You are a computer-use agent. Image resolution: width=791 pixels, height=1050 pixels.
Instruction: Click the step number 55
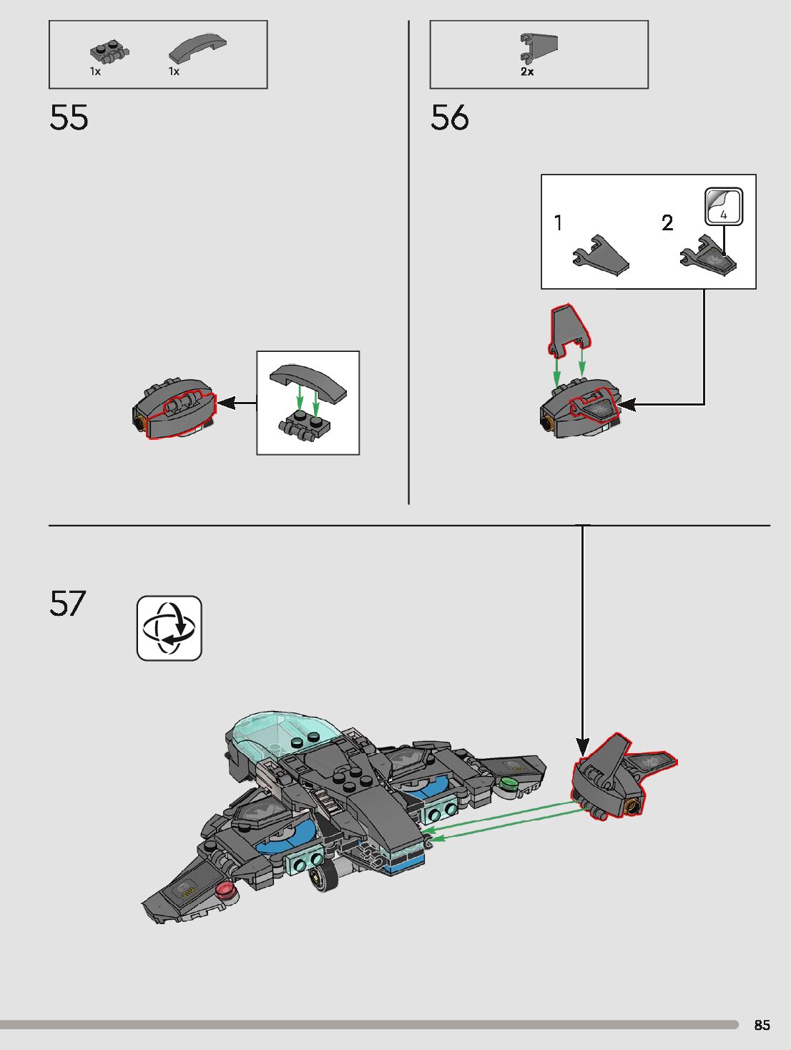click(x=69, y=118)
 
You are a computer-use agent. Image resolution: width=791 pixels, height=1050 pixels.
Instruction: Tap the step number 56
click(x=449, y=118)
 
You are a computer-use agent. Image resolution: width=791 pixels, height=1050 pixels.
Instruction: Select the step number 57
click(x=67, y=604)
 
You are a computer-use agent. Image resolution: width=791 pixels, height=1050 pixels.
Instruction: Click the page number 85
click(x=762, y=1025)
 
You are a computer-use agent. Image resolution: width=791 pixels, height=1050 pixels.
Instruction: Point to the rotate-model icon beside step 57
click(x=169, y=628)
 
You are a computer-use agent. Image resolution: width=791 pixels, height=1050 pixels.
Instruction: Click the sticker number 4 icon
click(x=724, y=207)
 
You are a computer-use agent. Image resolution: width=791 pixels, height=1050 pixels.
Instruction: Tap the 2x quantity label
click(x=527, y=72)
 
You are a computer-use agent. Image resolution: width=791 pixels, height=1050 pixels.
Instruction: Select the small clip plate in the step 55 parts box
click(x=109, y=52)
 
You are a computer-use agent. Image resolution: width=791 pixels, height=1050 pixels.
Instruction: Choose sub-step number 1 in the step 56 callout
click(x=559, y=223)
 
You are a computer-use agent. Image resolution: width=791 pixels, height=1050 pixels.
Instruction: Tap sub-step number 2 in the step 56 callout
click(x=667, y=223)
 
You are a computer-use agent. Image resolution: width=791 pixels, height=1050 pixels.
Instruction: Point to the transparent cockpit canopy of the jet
click(x=282, y=737)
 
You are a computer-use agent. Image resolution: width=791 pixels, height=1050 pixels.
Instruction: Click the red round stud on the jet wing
click(x=226, y=890)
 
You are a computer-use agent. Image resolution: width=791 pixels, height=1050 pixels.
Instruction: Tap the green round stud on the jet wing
click(x=508, y=784)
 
